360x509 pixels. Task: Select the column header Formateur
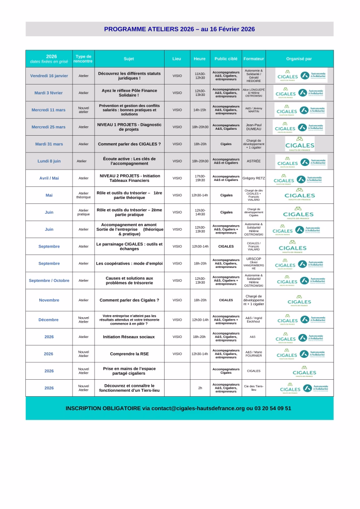254,59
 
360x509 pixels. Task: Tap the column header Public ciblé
226,59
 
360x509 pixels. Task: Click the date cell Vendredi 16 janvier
49,76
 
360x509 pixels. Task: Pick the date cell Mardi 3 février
49,92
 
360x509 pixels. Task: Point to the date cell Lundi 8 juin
49,161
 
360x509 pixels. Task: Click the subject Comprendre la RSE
129,354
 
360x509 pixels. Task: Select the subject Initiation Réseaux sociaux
129,337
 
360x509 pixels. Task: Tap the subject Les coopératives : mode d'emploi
129,263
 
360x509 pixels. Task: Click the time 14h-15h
200,110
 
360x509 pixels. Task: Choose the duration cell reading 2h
200,388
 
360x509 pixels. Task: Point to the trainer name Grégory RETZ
254,178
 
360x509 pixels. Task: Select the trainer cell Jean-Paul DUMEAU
254,127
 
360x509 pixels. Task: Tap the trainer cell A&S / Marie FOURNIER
254,354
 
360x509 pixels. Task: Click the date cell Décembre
49,320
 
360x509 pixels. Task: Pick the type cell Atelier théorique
84,195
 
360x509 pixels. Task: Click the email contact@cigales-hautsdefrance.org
198,408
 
